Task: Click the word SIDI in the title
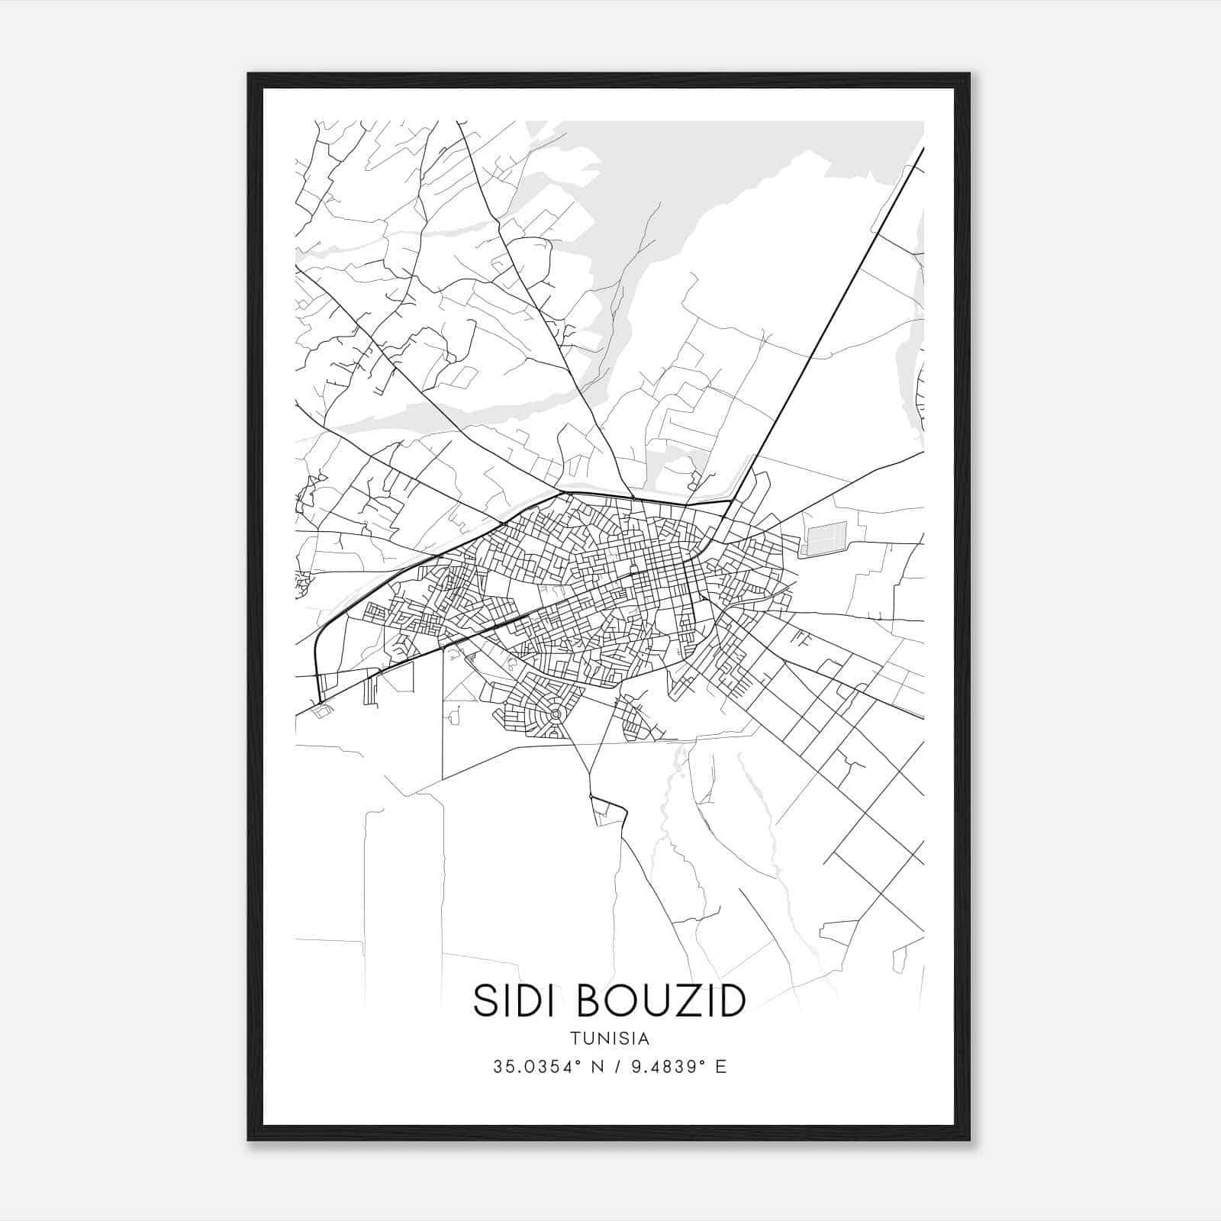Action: click(x=518, y=1000)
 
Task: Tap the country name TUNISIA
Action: click(x=609, y=1039)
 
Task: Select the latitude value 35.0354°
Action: click(x=537, y=1067)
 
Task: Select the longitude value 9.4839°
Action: click(x=660, y=1067)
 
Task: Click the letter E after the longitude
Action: click(x=720, y=1067)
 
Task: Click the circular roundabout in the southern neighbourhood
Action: click(x=556, y=714)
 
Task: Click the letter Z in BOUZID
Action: click(x=690, y=1000)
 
